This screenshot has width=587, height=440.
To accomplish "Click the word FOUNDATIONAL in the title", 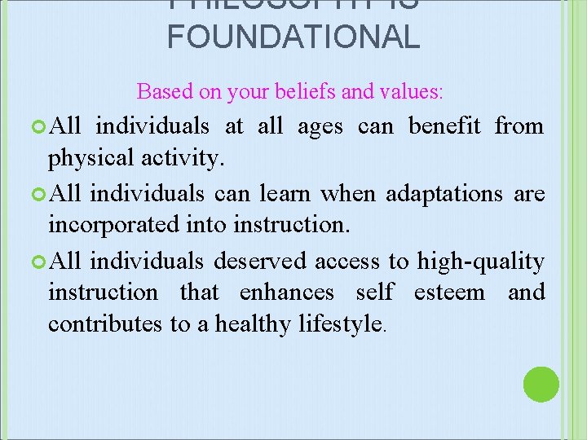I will (293, 37).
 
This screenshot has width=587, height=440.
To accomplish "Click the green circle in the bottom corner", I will (541, 384).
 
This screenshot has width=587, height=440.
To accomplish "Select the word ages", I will (320, 127).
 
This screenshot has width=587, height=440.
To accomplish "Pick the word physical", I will (87, 158).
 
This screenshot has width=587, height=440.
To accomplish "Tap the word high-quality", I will (480, 262).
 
